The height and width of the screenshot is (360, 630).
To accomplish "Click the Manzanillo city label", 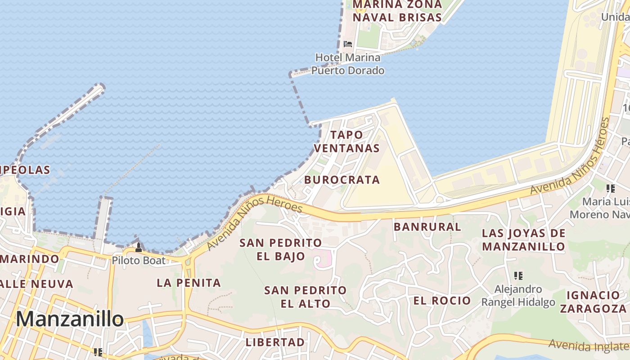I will tap(70, 319).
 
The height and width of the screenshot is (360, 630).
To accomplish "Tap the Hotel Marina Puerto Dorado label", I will tap(348, 64).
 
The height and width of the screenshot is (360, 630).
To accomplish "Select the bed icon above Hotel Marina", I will tap(348, 44).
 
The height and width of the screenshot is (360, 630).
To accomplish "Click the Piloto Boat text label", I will tap(138, 260).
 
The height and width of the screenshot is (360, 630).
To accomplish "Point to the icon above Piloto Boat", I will tap(139, 247).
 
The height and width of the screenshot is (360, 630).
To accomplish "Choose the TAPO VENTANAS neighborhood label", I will tap(346, 141).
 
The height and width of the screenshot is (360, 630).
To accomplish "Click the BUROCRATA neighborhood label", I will tap(342, 180).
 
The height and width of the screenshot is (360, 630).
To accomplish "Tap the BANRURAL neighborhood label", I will tap(427, 226).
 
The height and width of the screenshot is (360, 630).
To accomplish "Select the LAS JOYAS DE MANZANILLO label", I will tap(523, 240).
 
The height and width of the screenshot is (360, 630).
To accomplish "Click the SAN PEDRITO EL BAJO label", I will tap(280, 249).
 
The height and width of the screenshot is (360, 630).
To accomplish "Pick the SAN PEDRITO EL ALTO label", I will tap(305, 297).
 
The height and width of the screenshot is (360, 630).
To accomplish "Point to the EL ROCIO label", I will tap(442, 301).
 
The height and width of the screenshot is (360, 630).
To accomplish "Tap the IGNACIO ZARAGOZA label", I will tap(593, 301).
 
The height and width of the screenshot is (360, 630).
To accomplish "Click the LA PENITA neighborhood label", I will tap(189, 283).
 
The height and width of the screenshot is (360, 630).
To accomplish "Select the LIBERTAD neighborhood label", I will tap(275, 342).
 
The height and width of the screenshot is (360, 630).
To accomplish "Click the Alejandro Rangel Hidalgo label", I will tap(518, 295).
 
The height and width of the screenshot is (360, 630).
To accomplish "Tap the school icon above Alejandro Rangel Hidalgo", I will tap(518, 275).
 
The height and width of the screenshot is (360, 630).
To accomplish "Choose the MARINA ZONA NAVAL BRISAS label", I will tap(397, 11).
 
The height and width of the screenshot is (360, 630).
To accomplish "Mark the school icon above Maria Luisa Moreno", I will tap(610, 188).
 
